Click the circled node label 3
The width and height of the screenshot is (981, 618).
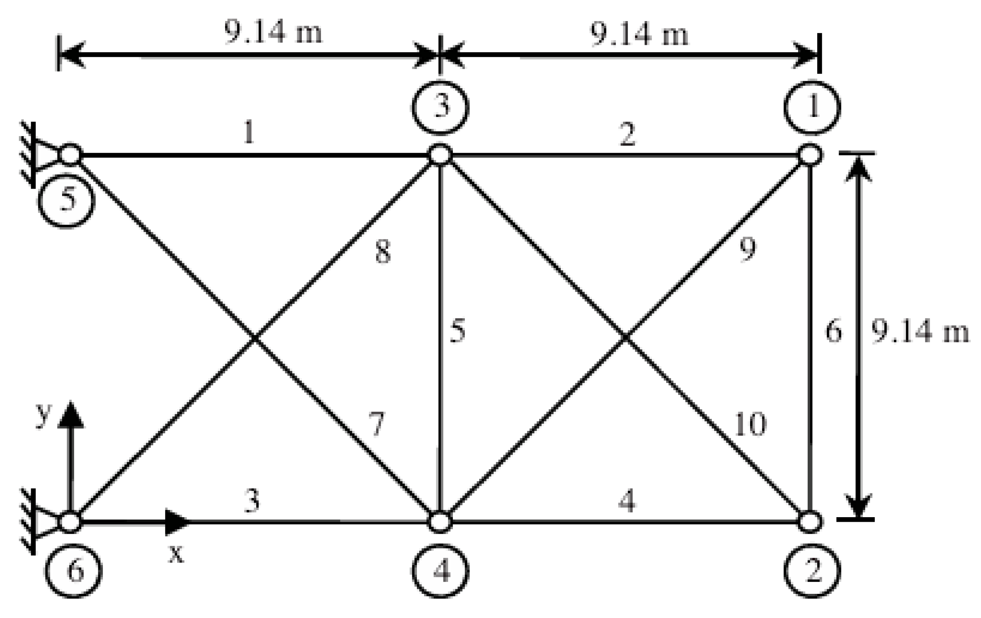440,107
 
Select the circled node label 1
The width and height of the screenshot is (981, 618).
812,107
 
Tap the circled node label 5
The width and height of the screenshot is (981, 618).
67,201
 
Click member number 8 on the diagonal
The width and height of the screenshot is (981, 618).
382,253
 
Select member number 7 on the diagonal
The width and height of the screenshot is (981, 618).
377,424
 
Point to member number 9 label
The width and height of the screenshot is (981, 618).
747,249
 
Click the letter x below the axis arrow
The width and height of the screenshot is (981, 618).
176,554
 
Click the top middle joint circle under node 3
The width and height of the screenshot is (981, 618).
440,155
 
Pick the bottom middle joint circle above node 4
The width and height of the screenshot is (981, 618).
440,522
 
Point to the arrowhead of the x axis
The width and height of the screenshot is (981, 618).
177,522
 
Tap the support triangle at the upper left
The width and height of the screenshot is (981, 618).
46,155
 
